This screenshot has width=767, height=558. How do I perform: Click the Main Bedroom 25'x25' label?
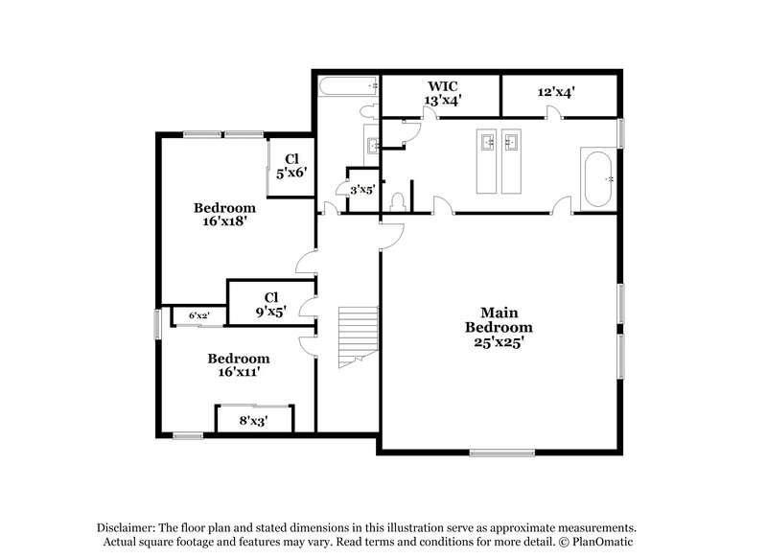[499, 327]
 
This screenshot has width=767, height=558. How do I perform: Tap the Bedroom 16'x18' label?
[224, 214]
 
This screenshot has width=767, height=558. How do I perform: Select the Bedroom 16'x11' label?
[239, 365]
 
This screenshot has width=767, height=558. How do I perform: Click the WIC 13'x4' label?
[443, 92]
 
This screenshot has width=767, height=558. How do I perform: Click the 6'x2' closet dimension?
[199, 315]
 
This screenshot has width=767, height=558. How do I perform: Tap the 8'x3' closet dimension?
[253, 420]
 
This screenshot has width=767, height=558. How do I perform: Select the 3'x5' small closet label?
[361, 190]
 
